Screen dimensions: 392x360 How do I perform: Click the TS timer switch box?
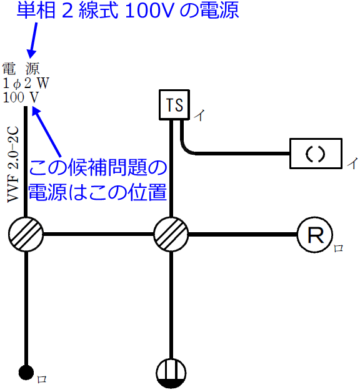pos(174,105)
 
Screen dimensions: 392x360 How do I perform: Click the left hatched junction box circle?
pos(26,235)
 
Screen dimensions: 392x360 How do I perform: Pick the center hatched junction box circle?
pos(171,235)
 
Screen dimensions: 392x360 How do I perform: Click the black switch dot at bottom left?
pos(26,373)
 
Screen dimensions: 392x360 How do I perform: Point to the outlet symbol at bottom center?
pos(171,373)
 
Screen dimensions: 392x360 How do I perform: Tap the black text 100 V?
pos(21,97)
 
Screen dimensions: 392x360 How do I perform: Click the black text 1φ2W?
pos(25,82)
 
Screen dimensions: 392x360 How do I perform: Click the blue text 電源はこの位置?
pos(98,191)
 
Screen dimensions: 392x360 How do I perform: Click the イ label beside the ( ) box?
pos(352,164)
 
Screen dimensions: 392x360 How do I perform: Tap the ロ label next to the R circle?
pos(338,248)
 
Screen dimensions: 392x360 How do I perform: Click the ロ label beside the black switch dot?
pos(42,379)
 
